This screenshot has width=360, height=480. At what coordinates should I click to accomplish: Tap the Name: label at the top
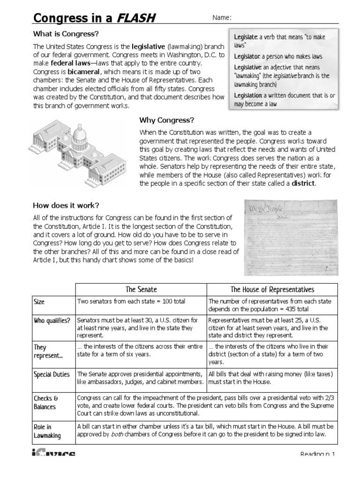click(x=222, y=18)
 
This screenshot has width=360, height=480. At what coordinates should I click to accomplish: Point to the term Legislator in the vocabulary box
click(x=247, y=56)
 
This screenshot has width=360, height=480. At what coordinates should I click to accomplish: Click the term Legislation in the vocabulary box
click(x=248, y=95)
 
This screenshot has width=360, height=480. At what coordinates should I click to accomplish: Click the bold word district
click(x=303, y=183)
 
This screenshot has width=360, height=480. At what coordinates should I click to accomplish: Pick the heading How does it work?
click(x=66, y=205)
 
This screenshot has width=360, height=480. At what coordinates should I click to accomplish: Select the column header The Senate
click(x=141, y=290)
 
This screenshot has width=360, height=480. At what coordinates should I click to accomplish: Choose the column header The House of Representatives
click(x=272, y=290)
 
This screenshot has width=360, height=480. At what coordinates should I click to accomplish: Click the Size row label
click(x=39, y=302)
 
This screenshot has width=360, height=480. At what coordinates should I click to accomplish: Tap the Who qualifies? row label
click(x=52, y=321)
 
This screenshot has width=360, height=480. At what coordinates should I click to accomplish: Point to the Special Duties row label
click(x=52, y=375)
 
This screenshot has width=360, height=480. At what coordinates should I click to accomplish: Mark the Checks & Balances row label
click(x=45, y=403)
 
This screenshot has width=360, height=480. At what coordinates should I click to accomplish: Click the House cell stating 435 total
click(x=272, y=305)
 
